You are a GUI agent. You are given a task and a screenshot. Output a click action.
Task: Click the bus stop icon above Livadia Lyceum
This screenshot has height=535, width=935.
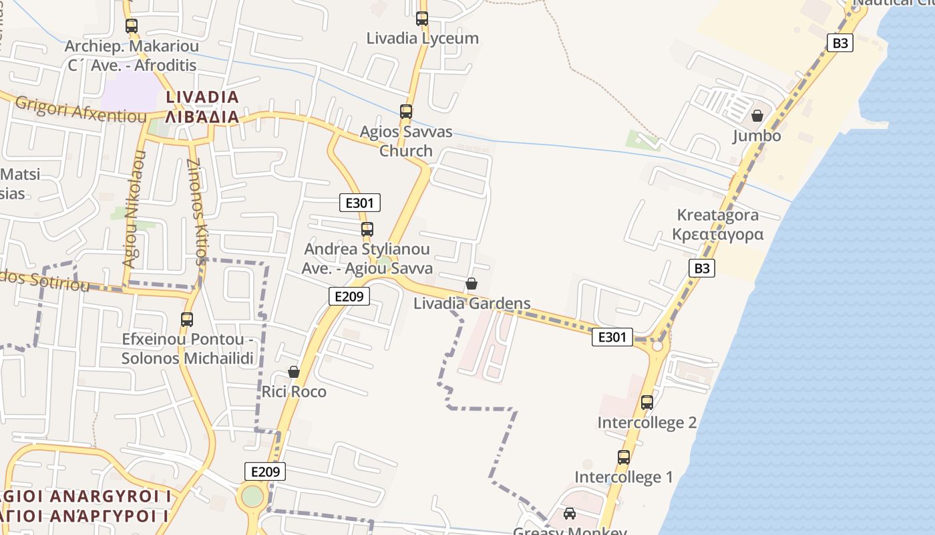[x=422, y=19]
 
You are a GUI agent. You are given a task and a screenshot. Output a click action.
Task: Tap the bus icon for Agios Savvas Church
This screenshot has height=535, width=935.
[x=406, y=112]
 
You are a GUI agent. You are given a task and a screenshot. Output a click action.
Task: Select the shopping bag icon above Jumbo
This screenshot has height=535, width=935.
[x=757, y=116]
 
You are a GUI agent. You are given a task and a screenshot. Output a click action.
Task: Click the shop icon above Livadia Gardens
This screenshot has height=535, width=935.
[x=472, y=284]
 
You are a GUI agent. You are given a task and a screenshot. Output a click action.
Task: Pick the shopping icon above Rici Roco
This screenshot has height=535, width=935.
[x=294, y=372]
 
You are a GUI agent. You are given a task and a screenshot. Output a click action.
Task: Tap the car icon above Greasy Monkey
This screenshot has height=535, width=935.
[x=570, y=514]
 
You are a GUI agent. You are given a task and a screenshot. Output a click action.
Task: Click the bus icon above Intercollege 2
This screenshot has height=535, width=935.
[x=647, y=403]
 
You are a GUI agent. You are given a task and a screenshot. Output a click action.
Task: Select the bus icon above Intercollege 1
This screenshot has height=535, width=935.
[x=624, y=457]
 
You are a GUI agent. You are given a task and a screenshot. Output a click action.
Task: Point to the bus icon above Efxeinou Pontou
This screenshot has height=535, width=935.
[x=187, y=320]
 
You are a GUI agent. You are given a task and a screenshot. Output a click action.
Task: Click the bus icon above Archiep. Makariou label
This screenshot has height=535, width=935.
[x=132, y=26]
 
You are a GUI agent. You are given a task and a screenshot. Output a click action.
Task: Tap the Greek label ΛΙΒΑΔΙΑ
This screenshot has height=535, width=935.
[x=202, y=117]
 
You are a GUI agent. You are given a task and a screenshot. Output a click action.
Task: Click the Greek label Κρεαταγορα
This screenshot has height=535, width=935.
[x=718, y=235]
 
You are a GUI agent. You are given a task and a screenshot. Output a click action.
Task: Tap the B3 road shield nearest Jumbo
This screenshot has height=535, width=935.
[x=841, y=43]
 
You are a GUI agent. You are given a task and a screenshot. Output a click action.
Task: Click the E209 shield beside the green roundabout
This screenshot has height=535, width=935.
[x=265, y=471]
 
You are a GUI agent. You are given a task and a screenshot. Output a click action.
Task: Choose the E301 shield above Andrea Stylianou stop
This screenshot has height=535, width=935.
[x=360, y=203]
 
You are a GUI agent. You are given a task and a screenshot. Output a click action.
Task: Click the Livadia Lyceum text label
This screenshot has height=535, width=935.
[x=423, y=38]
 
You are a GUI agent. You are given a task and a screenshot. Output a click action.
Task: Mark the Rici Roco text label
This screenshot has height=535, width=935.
[x=294, y=391]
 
